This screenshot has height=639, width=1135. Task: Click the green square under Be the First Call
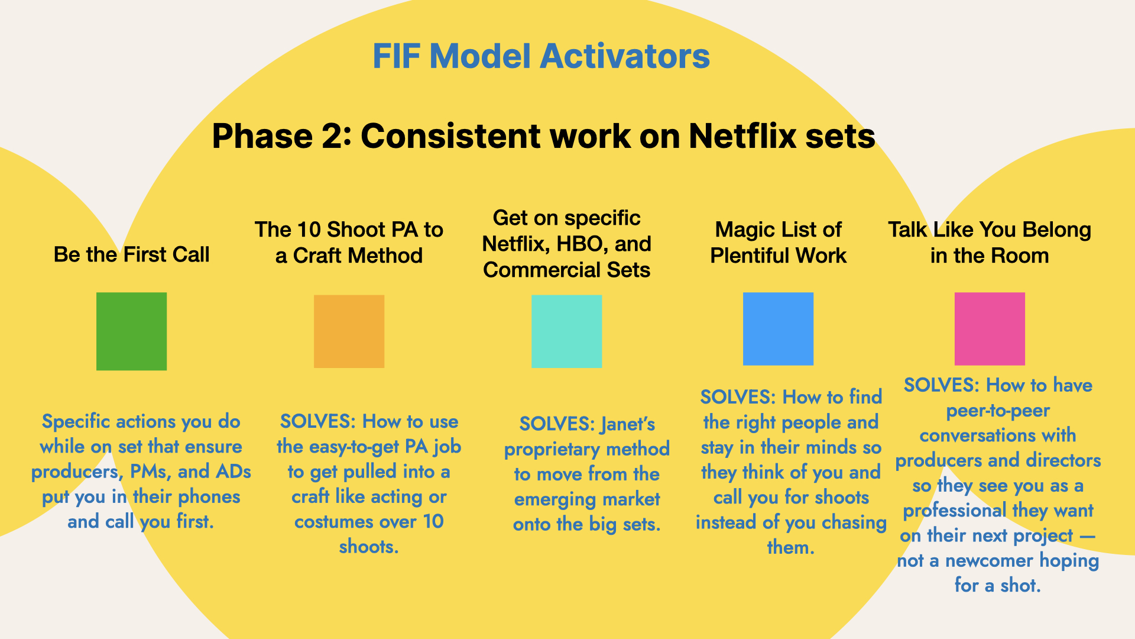(131, 331)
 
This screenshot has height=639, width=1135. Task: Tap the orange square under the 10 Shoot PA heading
(349, 331)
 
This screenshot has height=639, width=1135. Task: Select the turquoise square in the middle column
(566, 331)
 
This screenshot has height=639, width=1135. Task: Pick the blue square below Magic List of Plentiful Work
(778, 328)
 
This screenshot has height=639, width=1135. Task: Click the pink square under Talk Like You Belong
(990, 328)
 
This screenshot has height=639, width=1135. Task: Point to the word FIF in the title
(396, 56)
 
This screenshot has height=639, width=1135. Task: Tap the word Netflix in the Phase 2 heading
(740, 136)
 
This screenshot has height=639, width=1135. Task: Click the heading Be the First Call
(131, 254)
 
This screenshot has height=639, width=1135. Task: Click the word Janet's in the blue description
(628, 424)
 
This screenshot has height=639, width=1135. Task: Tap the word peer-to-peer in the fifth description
(998, 411)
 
